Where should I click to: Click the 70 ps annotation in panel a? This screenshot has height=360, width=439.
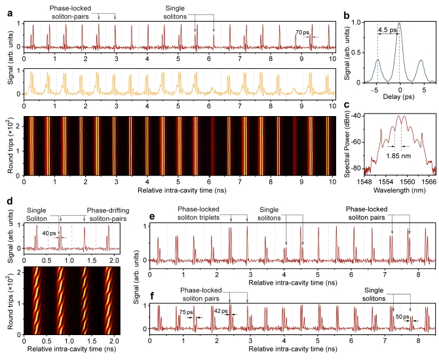pyautogui.click(x=302, y=32)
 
